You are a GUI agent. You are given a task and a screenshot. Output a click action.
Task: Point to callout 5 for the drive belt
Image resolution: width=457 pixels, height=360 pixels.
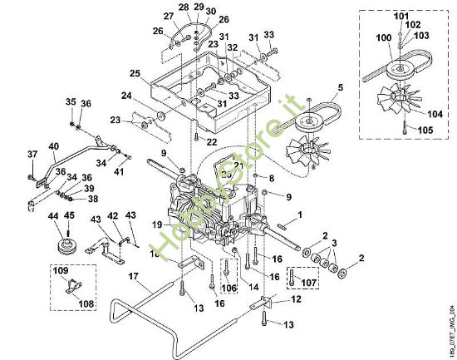[340, 86]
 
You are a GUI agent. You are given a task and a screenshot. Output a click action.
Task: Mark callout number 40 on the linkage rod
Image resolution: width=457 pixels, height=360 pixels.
[54, 147]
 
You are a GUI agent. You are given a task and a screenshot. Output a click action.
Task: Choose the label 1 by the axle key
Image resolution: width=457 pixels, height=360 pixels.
[300, 215]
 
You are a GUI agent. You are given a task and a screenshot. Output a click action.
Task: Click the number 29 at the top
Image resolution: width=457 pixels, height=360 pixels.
[198, 7]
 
